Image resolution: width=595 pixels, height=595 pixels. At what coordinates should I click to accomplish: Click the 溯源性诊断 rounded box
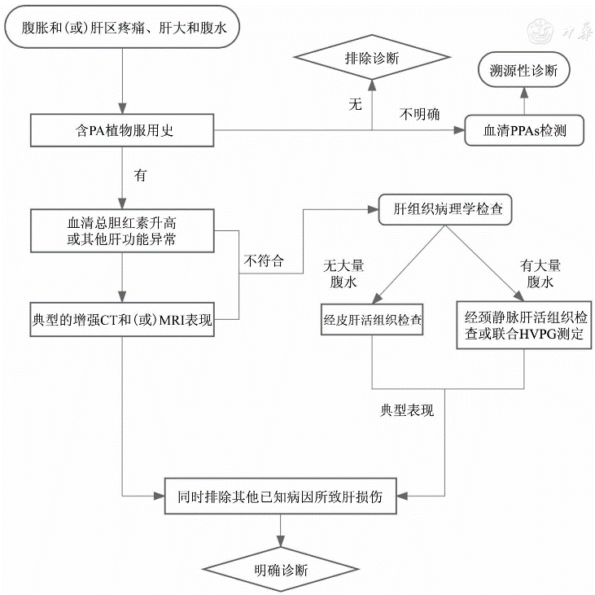pyautogui.click(x=523, y=70)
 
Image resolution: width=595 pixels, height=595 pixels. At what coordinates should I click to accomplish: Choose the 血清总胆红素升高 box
pyautogui.click(x=121, y=230)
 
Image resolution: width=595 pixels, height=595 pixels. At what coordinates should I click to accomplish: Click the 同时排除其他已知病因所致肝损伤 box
pyautogui.click(x=280, y=495)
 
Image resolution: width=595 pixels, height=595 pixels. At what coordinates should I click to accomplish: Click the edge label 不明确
pyautogui.click(x=419, y=115)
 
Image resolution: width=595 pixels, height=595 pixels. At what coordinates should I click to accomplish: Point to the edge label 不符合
pyautogui.click(x=264, y=261)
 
